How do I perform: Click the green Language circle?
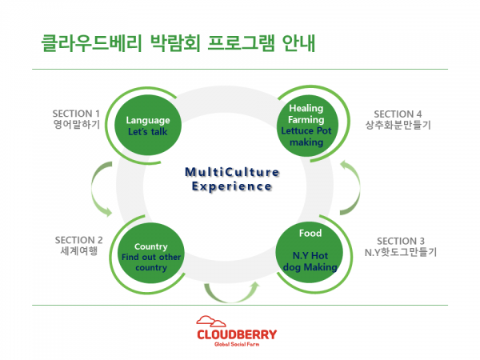149,126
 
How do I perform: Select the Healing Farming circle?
306,124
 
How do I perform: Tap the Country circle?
150,255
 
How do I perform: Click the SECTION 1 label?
76,113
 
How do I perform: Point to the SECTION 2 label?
78,240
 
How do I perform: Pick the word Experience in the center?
231,186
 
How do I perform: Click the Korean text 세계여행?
78,252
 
